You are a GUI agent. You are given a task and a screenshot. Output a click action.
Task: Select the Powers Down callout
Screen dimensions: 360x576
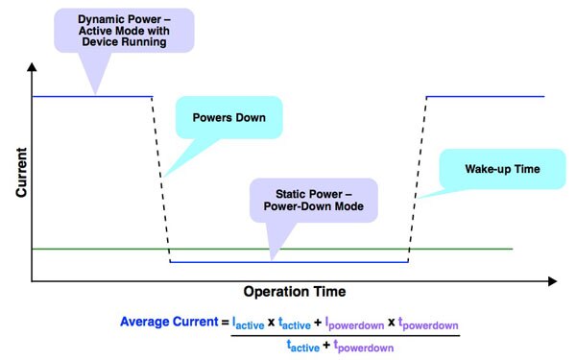tap(228, 121)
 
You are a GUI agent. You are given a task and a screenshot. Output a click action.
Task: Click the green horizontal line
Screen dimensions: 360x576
tap(96, 250)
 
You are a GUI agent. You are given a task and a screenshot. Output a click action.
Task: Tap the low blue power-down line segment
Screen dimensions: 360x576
tap(288, 262)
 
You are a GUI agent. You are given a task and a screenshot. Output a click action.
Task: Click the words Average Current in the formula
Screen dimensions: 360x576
tap(169, 322)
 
